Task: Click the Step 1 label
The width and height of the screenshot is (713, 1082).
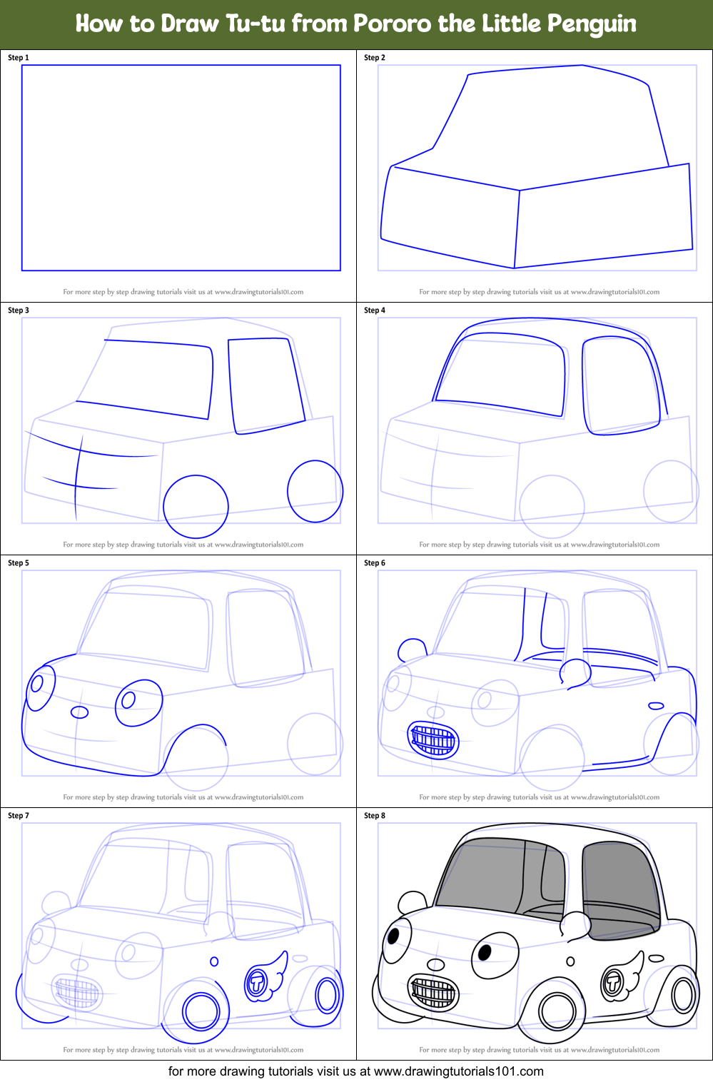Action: [19, 58]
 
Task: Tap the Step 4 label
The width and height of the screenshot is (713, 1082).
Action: [375, 310]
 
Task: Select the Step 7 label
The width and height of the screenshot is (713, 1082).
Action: [19, 816]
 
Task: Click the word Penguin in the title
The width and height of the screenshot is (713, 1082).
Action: [592, 24]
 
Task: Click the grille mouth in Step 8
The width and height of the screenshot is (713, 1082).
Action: [433, 992]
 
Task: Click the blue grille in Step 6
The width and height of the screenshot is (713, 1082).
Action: [433, 739]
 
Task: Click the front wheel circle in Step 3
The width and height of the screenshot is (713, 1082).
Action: [196, 506]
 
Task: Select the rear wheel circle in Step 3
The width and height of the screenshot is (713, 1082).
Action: [315, 491]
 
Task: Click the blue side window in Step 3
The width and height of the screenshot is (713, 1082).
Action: [264, 385]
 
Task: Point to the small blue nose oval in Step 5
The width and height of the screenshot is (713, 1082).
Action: [79, 712]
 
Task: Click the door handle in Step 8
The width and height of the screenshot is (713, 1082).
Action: [656, 959]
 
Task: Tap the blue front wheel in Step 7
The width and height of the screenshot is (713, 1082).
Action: [201, 1011]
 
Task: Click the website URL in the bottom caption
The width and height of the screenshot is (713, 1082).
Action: [458, 1071]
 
